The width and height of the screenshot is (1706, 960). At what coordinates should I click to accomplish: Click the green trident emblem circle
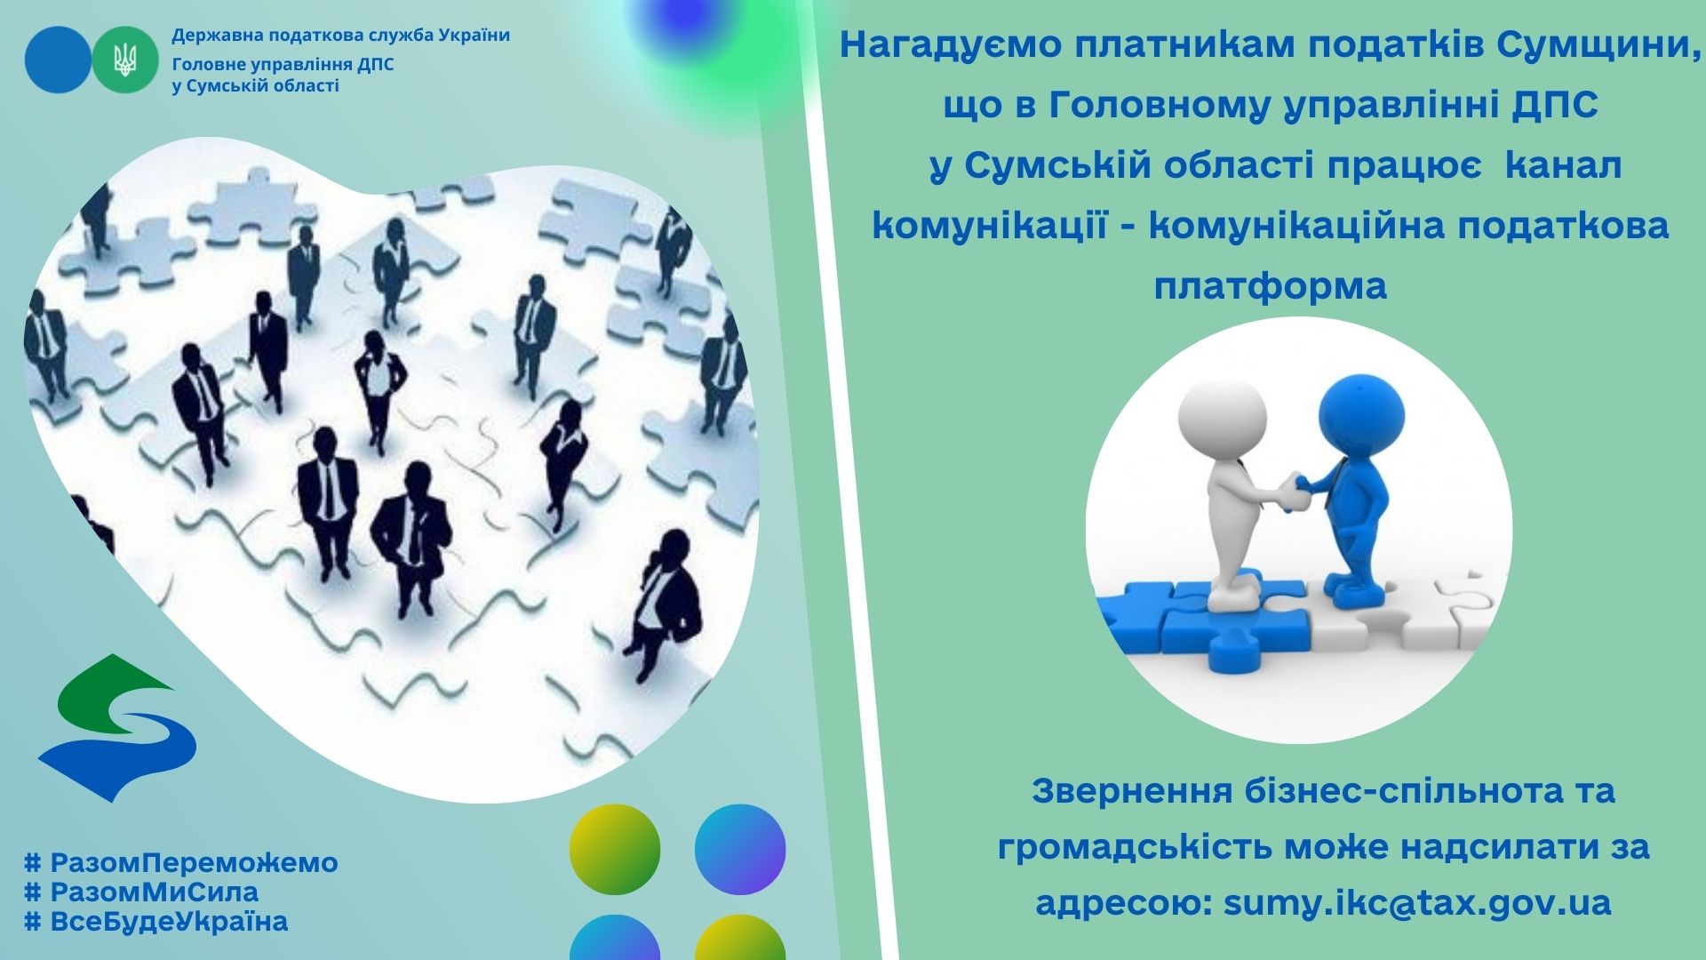[x=125, y=60]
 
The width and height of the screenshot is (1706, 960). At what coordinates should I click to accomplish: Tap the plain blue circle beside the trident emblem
[x=58, y=60]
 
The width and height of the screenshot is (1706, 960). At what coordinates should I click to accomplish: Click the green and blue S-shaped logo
[x=116, y=728]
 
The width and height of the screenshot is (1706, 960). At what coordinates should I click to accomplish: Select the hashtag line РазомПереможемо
[x=181, y=862]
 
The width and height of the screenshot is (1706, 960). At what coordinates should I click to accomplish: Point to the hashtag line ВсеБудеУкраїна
[x=156, y=921]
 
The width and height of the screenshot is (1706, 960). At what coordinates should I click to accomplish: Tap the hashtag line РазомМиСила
[x=142, y=892]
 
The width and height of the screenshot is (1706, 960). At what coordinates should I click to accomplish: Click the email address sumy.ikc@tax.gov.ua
[x=1417, y=903]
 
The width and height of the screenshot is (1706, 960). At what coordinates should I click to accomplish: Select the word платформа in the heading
[x=1271, y=286]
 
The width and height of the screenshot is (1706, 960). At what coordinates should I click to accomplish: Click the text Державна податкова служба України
[x=341, y=36]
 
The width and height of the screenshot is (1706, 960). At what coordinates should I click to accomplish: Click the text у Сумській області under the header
[x=255, y=86]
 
